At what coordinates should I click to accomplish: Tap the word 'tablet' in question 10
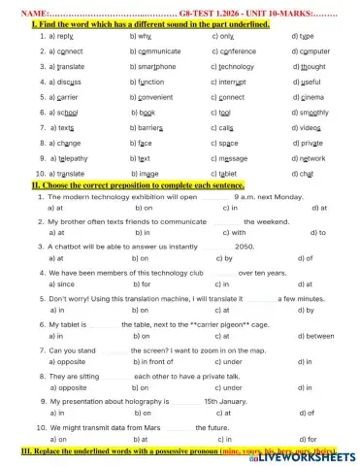[x=231, y=173]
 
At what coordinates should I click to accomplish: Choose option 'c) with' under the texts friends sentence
[x=234, y=233]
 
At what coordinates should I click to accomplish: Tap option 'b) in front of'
[x=153, y=360]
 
